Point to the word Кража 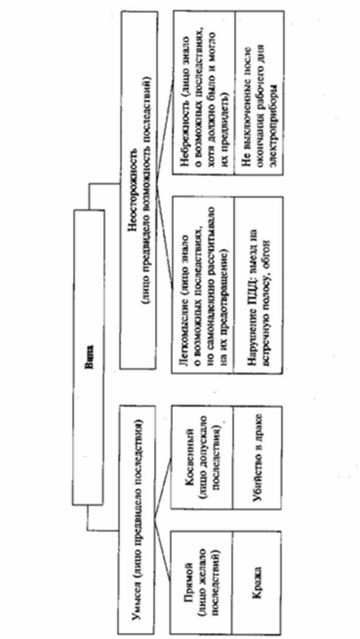click(x=256, y=575)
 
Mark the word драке click(x=256, y=428)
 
